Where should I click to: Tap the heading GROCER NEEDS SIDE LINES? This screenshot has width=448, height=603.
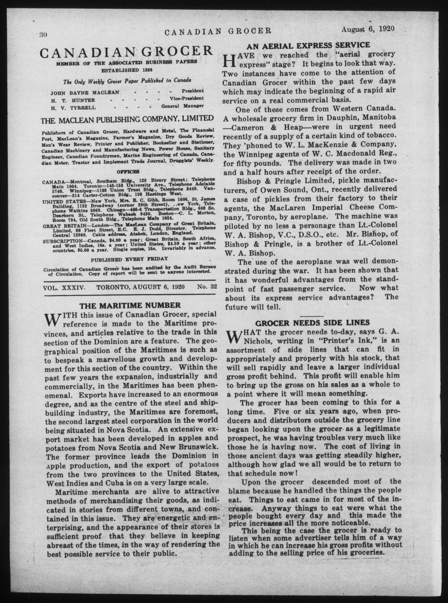pos(312,323)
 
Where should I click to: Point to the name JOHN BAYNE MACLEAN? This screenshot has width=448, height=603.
pos(85,92)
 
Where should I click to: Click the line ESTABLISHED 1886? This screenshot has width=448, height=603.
pos(127,70)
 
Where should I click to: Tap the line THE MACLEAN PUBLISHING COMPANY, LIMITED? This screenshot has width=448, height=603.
pos(127,119)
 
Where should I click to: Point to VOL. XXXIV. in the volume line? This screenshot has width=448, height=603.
pos(64,287)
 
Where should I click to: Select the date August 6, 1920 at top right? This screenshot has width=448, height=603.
pos(367,29)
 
